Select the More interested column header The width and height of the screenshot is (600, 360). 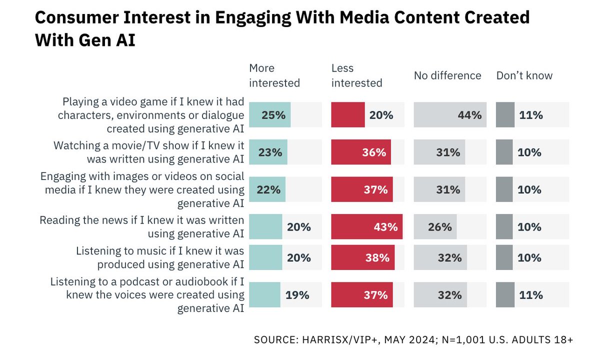tap(274, 75)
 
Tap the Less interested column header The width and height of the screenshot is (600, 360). tap(356, 75)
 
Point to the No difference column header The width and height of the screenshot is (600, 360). tap(447, 75)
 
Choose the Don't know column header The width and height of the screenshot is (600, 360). tap(524, 75)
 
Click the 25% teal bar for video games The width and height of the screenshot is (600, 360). tap(269, 115)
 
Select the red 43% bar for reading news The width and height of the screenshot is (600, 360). tap(366, 227)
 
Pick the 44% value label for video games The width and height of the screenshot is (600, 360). tap(469, 115)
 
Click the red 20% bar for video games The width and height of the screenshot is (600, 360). tap(348, 115)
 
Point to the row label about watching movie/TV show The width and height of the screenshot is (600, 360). tap(148, 152)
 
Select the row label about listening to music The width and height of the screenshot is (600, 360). tap(159, 257)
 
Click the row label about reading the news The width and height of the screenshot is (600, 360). tap(141, 226)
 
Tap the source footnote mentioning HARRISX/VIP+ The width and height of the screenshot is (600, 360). tap(413, 339)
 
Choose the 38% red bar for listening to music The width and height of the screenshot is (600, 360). tap(362, 258)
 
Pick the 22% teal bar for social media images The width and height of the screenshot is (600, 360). tap(267, 190)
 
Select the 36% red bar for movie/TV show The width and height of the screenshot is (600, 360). tap(360, 152)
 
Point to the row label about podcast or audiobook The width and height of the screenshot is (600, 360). tap(147, 295)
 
